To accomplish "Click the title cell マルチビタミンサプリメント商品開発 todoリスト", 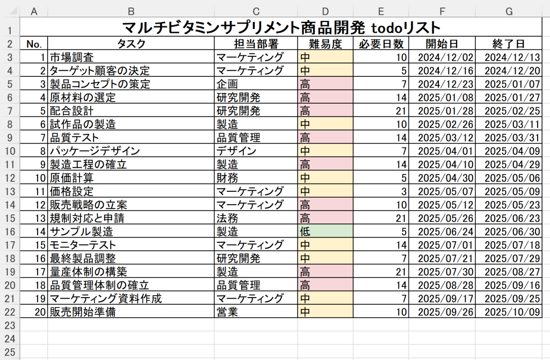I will (x=280, y=27).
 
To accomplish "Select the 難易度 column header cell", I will (x=325, y=44).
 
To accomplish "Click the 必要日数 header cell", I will (x=380, y=44).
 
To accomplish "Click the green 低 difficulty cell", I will (x=325, y=232).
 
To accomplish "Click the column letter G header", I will (x=509, y=11).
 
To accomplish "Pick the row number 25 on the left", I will (x=10, y=352).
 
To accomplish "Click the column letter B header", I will (x=131, y=11).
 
